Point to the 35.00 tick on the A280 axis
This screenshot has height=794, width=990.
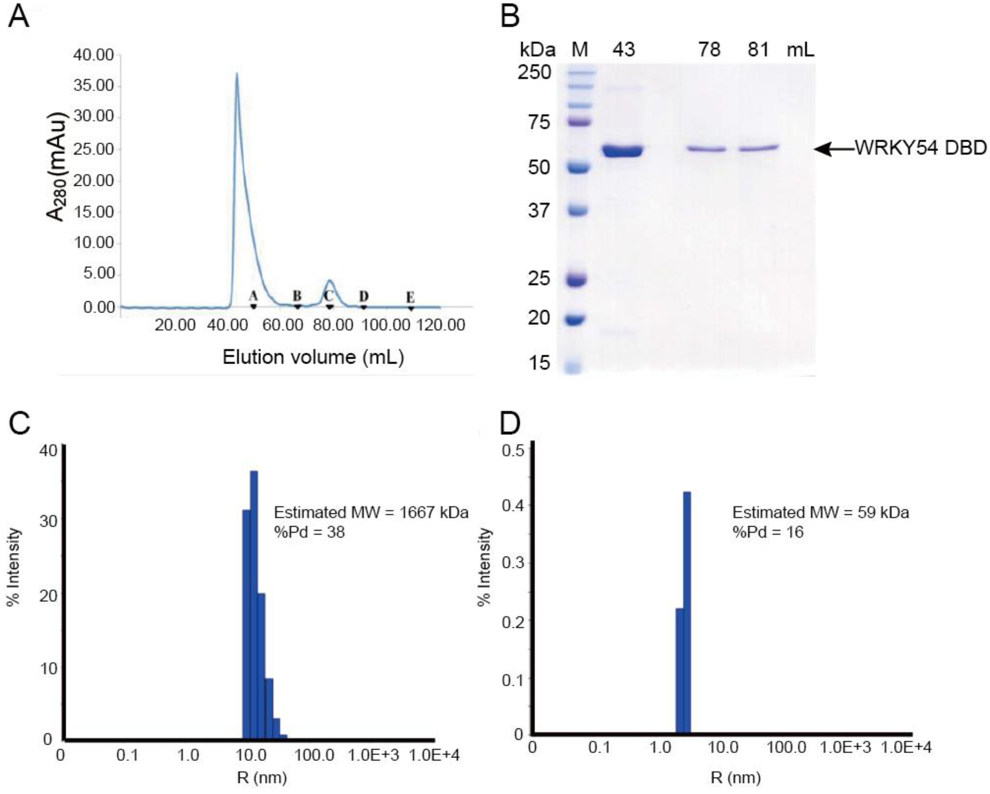pos(93,86)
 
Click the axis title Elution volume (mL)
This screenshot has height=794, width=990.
pos(313,357)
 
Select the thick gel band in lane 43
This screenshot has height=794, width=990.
pos(623,151)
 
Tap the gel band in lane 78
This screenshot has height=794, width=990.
pos(707,149)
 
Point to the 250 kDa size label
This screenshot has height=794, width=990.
pos(534,72)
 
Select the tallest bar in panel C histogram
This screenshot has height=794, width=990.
pos(253,597)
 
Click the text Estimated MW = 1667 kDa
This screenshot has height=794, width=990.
pos(371,512)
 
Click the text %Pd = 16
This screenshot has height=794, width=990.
pos(768,532)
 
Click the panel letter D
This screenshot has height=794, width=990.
pos(509,425)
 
